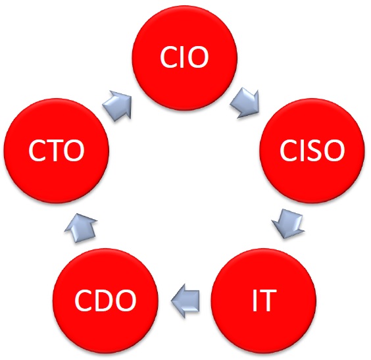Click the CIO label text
tap(184, 57)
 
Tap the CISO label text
tap(312, 150)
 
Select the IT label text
tap(264, 300)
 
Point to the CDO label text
tap(105, 300)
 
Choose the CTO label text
tap(57, 150)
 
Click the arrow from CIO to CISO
tap(245, 103)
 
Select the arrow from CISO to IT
tap(287, 223)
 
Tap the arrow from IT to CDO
tap(185, 301)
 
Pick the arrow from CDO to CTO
tap(81, 228)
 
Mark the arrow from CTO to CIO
tap(117, 105)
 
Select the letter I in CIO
tap(180, 57)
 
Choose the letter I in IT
tap(255, 300)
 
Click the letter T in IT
tap(268, 300)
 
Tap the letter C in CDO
tap(84, 300)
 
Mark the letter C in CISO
tap(289, 150)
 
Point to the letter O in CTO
tap(74, 150)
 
